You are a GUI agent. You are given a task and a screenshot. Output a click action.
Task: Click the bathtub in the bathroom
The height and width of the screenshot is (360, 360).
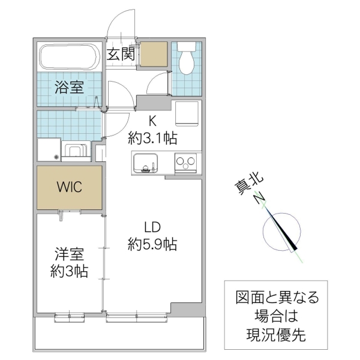point(68,58)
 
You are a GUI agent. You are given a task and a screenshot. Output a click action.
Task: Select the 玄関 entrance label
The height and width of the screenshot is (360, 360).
point(121,54)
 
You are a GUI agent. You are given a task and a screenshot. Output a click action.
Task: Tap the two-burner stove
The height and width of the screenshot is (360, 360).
point(185,162)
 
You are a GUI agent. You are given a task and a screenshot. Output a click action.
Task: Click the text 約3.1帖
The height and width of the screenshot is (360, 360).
point(152,139)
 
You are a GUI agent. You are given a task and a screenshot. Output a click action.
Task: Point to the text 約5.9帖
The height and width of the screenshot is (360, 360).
point(152,244)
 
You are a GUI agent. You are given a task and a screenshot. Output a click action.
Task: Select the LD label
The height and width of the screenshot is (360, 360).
point(152,228)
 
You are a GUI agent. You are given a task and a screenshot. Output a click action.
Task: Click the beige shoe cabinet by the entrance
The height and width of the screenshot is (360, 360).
point(153,54)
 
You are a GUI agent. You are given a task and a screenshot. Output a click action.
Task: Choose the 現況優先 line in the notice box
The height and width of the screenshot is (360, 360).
point(276,334)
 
